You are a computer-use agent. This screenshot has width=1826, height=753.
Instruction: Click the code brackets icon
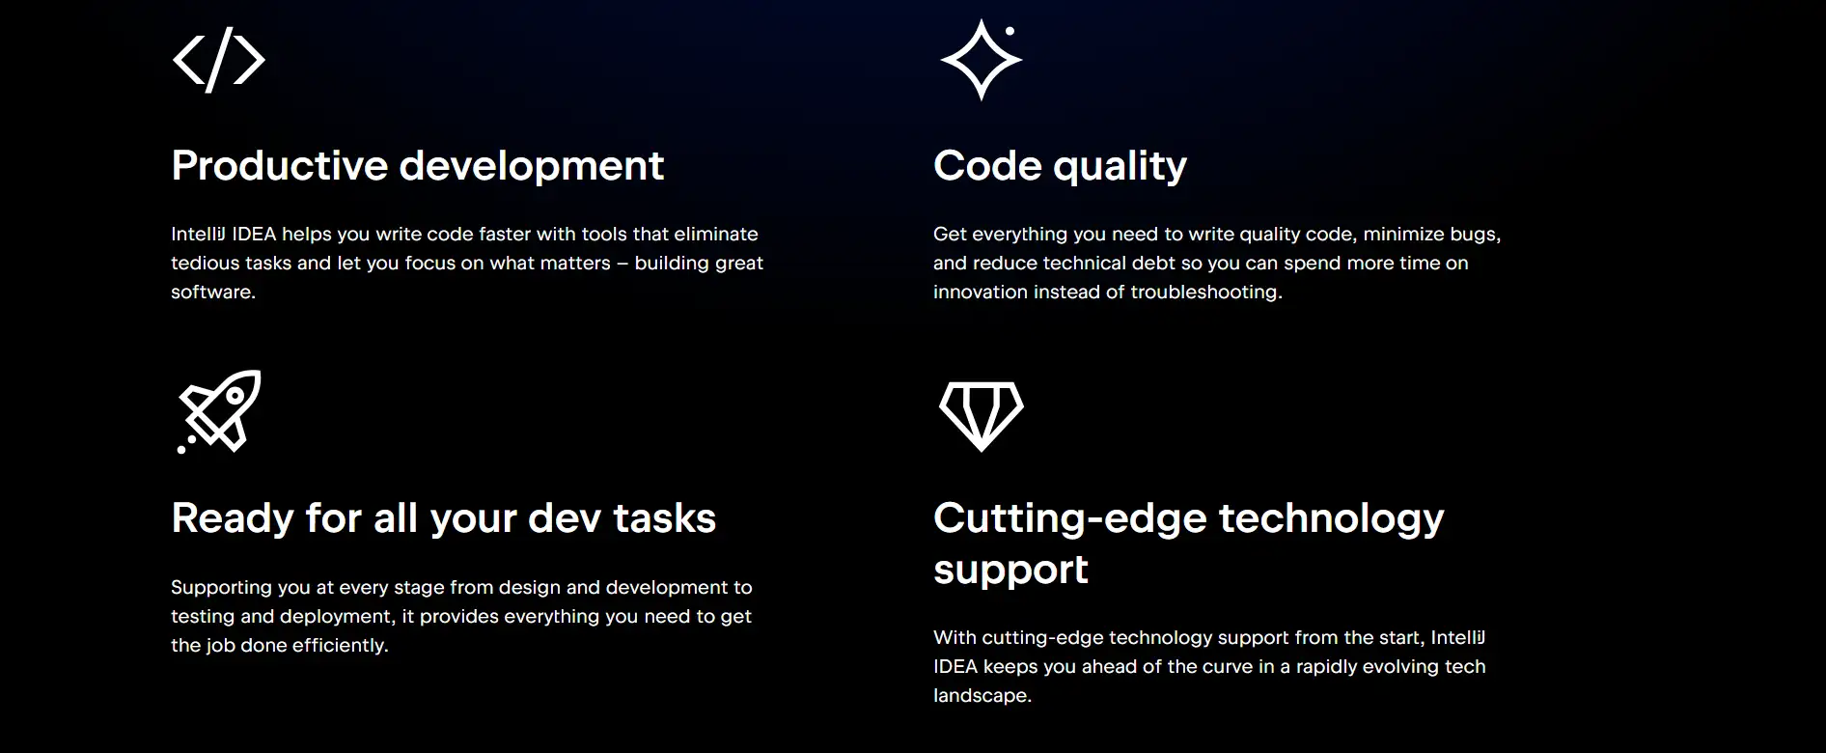point(218,60)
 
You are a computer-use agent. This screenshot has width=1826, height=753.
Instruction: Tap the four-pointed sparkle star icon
point(981,60)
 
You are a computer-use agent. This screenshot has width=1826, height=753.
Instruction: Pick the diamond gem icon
point(982,416)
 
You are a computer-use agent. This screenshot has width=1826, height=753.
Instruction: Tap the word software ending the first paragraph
point(213,292)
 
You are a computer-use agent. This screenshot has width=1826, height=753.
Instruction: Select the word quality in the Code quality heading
point(1120,167)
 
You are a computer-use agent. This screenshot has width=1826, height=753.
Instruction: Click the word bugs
point(1476,235)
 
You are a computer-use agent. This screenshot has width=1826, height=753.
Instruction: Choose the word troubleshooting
point(1206,293)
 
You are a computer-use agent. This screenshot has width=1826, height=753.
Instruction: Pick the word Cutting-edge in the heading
point(1070,519)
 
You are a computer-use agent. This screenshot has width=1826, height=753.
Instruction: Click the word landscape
point(982,696)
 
